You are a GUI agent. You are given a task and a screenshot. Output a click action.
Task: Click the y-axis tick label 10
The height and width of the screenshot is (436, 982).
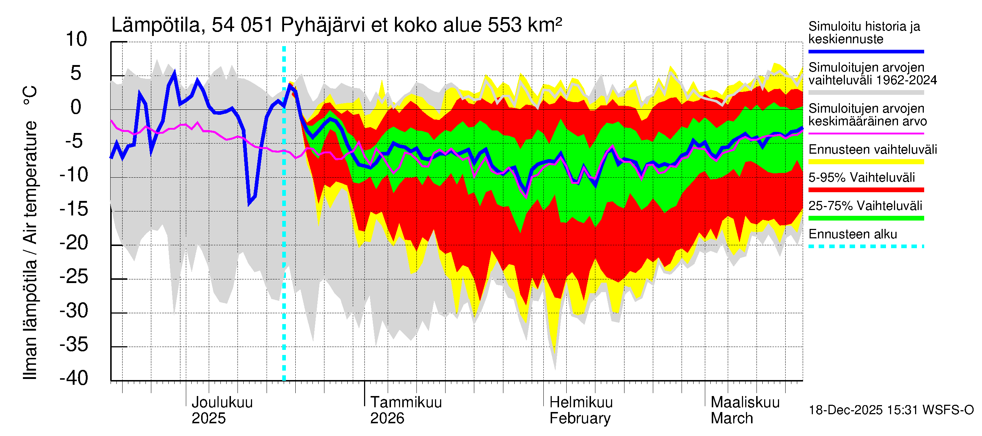tap(76, 40)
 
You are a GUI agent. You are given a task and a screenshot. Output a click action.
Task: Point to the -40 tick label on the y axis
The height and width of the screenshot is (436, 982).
tap(74, 378)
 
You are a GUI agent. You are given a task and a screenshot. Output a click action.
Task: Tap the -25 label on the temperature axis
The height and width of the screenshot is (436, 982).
tap(74, 276)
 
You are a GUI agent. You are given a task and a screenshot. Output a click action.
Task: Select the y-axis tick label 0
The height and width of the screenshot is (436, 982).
tap(76, 108)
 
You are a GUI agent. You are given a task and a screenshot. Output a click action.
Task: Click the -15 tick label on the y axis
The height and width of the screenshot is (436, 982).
tap(74, 209)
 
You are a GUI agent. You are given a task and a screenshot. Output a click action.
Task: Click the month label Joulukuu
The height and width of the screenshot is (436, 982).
tap(222, 403)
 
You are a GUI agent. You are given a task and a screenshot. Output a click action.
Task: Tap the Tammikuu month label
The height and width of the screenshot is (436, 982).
tap(406, 403)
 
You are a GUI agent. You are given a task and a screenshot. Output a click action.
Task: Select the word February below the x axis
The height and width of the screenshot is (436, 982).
tap(580, 419)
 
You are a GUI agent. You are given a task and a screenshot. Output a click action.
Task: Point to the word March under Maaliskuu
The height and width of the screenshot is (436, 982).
tap(731, 419)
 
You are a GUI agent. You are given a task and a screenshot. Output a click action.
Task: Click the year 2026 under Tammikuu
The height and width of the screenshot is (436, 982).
tap(387, 419)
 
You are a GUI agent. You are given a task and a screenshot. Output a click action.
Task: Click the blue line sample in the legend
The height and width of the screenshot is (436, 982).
tap(866, 51)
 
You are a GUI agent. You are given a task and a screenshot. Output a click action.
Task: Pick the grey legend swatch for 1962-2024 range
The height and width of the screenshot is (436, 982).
tap(866, 93)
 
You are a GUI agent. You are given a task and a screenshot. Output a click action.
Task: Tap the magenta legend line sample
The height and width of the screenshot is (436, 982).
tap(866, 134)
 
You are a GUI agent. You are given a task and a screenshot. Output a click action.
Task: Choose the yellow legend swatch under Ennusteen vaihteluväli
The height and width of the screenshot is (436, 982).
tap(866, 162)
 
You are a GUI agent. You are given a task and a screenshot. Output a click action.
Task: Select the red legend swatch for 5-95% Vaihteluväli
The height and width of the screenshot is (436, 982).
tap(866, 190)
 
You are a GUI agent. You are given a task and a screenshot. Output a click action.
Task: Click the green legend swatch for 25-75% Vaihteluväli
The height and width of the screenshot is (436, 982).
tap(866, 218)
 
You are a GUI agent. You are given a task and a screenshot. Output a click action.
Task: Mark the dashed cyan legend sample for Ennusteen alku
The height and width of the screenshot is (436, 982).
tap(866, 246)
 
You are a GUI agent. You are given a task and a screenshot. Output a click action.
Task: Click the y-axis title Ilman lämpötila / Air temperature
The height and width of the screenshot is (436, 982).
tap(31, 232)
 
